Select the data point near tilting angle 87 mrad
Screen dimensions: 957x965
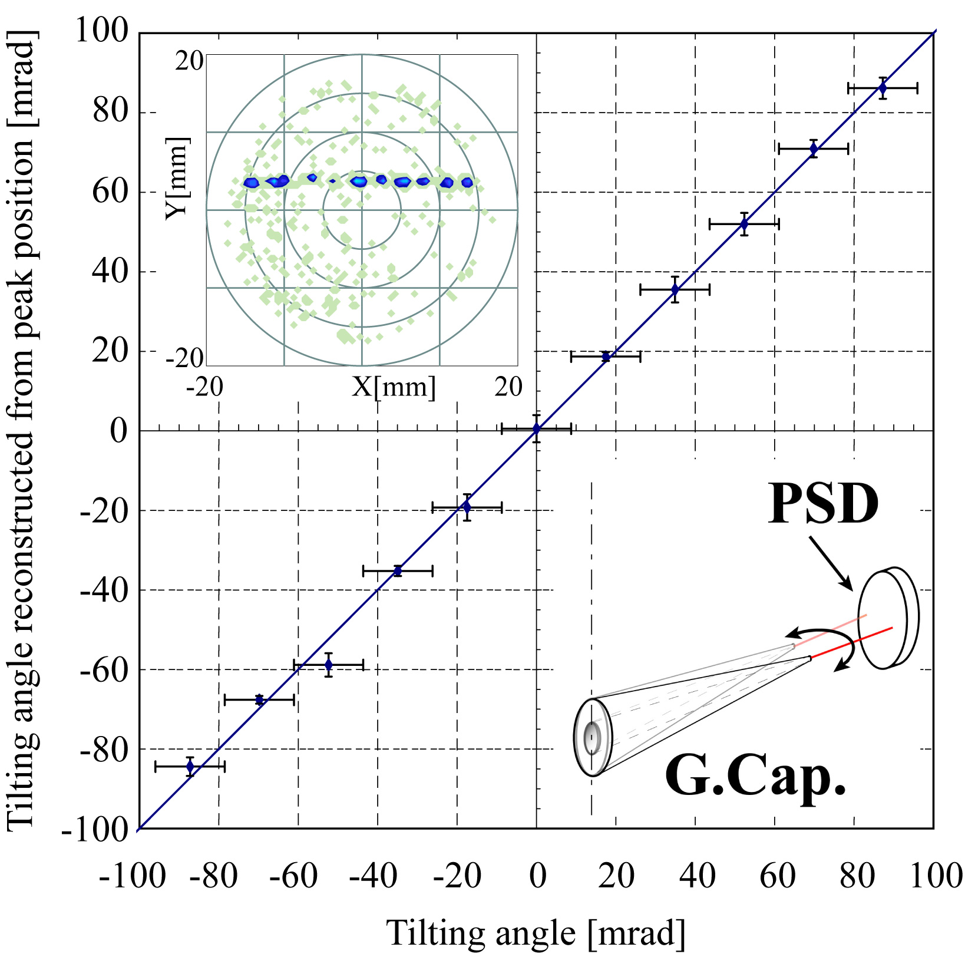882,88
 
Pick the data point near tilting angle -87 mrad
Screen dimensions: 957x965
190,766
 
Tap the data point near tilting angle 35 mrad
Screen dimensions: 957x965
675,289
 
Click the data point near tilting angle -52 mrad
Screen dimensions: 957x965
329,665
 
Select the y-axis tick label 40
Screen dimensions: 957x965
110,272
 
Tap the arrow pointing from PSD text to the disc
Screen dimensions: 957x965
831,563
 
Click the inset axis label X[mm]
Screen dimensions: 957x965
394,387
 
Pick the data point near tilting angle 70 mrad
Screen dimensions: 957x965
814,148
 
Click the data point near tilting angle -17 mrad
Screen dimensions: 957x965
467,507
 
